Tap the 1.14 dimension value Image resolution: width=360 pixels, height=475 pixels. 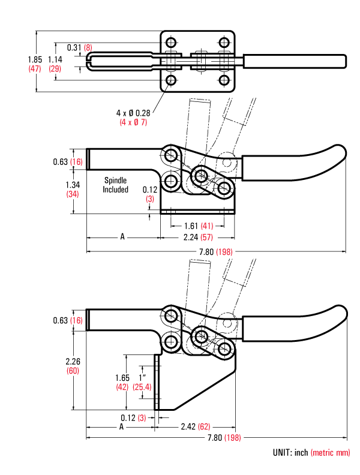click(55, 59)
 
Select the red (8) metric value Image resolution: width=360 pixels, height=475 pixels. click(88, 47)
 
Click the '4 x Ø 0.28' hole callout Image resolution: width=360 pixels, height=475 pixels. click(133, 113)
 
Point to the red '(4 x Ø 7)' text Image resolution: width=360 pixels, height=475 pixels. click(133, 122)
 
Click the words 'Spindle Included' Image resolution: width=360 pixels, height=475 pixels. click(115, 185)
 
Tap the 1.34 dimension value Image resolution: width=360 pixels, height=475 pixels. click(73, 185)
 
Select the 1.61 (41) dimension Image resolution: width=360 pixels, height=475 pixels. click(197, 226)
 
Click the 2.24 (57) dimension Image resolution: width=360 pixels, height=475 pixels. click(197, 237)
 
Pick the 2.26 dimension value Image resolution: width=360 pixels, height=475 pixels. click(73, 362)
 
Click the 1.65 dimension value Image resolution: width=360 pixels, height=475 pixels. click(122, 378)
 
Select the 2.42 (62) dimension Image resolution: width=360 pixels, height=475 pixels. click(196, 426)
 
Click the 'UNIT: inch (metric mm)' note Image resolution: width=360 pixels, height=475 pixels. click(311, 453)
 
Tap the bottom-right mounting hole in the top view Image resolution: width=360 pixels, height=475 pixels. click(224, 80)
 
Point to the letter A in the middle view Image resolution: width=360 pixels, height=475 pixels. click(122, 237)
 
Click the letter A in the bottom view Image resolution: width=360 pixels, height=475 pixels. click(121, 426)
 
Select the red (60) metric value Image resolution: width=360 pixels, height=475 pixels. click(73, 371)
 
